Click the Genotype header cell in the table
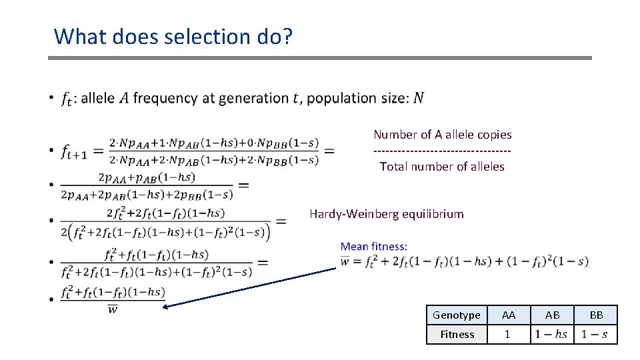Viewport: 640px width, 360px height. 456,315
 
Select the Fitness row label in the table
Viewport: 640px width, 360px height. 457,334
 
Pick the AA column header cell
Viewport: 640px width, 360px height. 508,315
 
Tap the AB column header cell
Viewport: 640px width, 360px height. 552,315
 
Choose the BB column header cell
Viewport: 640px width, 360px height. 595,315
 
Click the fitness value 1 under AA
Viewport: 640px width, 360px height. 507,334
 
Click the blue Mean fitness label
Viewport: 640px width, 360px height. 373,247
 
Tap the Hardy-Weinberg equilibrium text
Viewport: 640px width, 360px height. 386,214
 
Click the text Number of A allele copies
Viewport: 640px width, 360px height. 442,135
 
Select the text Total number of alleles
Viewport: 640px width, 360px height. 442,167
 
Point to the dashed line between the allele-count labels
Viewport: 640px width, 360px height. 442,151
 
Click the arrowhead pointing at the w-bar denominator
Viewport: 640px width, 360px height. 167,307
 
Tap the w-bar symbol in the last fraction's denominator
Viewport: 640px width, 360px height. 113,309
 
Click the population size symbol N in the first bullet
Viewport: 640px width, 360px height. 418,98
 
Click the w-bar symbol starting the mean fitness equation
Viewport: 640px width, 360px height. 345,261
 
